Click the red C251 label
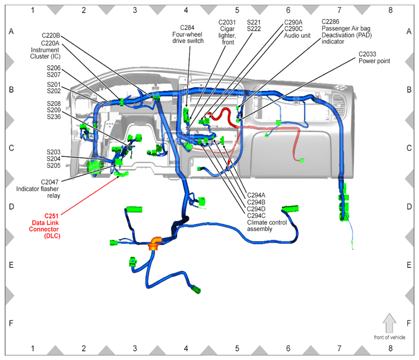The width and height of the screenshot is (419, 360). pos(51,216)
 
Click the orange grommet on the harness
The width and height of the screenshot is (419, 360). pos(155,243)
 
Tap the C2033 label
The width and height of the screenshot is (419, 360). pos(367,54)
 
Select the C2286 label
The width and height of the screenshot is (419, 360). pos(330,22)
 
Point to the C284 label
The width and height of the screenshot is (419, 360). pos(187,28)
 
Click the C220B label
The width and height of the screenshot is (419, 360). pos(51,35)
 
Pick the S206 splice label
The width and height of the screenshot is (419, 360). pos(54,68)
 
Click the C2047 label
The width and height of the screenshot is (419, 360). pos(50,182)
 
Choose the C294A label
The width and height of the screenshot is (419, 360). pos(256,196)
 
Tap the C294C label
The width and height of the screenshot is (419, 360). pos(256,216)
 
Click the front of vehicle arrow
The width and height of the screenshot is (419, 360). pos(389,323)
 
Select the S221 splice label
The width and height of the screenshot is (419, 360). pos(254,23)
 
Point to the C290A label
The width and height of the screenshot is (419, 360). pos(293,23)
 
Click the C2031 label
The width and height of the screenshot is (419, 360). pos(227,23)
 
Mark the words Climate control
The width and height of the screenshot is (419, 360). pos(267,223)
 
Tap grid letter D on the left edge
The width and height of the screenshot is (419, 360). pos(11,206)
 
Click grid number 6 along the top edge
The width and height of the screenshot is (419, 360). pos(288,10)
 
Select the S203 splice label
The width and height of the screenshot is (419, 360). pos(53,152)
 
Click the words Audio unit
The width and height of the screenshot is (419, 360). pos(297,35)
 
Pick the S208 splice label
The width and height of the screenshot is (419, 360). pos(54,103)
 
